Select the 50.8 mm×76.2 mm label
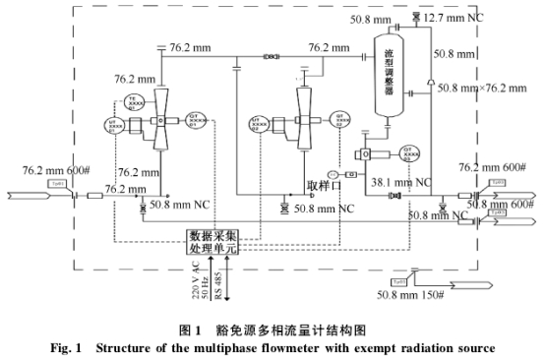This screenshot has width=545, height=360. coord(486,89)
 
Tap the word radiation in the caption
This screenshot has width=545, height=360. coord(434,346)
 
